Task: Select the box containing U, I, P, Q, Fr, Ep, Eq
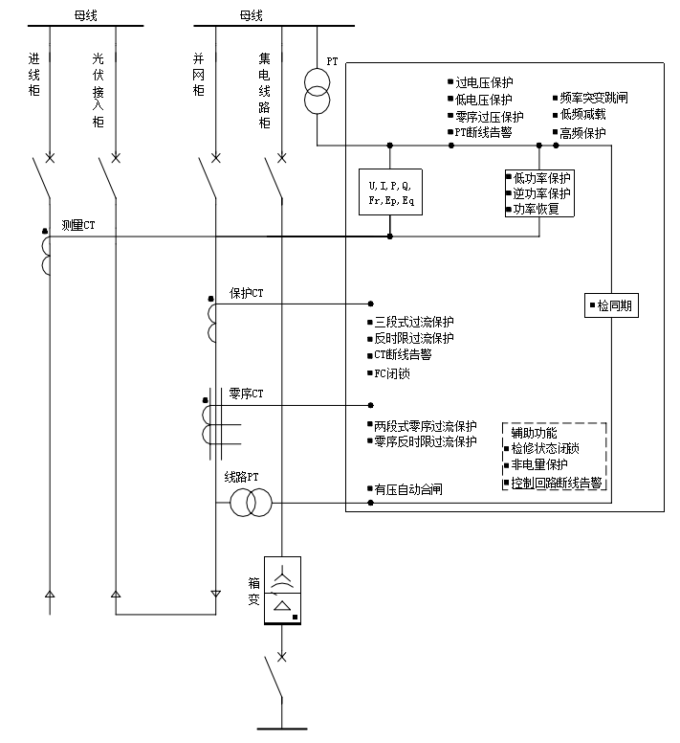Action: (390, 191)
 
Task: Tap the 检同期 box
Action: (611, 305)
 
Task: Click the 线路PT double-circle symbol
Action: (251, 503)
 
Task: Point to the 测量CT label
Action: (78, 225)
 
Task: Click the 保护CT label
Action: (246, 293)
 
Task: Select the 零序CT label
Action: (246, 394)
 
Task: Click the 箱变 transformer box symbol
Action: (282, 591)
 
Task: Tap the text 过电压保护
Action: (484, 82)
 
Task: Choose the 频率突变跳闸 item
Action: (594, 98)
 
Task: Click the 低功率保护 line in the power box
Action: (542, 178)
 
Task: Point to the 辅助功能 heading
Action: (534, 433)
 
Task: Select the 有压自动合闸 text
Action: (408, 489)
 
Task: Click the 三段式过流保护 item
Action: (414, 323)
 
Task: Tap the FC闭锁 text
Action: (392, 373)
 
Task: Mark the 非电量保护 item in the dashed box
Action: (539, 464)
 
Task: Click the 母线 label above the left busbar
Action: (86, 15)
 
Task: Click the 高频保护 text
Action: (582, 134)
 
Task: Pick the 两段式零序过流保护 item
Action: (426, 426)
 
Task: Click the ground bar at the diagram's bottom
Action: (282, 729)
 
